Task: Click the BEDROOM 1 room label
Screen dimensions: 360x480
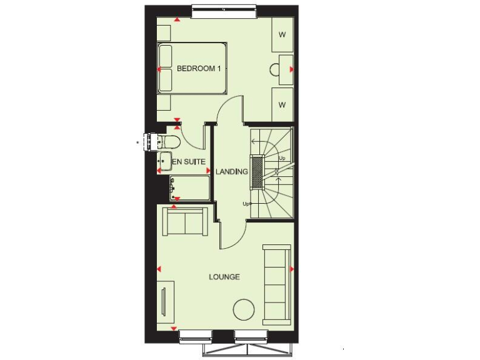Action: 199,69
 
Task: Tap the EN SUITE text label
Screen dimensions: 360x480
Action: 189,162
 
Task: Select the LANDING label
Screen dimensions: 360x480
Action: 231,171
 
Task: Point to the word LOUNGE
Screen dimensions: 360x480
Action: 224,276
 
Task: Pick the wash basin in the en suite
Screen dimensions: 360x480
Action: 165,159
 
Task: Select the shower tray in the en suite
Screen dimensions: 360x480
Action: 190,187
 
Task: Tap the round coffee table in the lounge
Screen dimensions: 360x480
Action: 243,309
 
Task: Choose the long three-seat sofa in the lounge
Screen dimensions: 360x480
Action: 277,284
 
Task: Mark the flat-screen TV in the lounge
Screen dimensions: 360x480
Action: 164,303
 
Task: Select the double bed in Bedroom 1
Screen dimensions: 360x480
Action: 192,68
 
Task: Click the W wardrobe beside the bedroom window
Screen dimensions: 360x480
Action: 282,34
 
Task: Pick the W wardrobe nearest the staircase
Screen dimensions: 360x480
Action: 282,104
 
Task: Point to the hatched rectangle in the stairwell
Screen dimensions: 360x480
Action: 256,171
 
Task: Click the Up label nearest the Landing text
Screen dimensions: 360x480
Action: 246,204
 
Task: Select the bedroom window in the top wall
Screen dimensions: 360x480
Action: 223,9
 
